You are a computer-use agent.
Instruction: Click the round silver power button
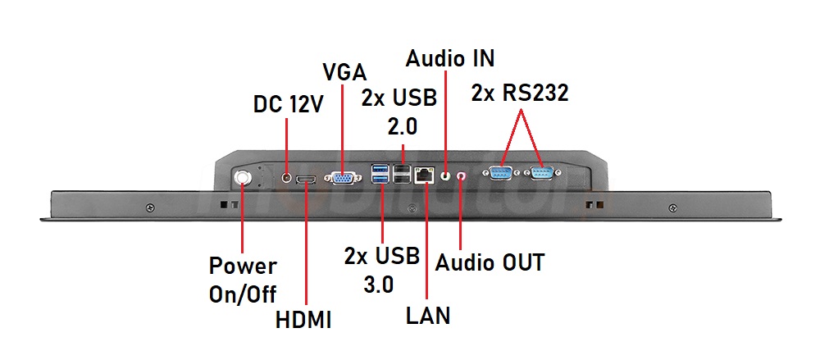(x=244, y=178)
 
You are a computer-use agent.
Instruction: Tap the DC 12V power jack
(x=286, y=175)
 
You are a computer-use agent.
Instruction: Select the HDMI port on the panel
(x=307, y=179)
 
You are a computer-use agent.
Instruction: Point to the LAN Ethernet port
(x=425, y=175)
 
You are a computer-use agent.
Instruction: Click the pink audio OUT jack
(x=461, y=175)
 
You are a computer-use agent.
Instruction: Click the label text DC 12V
(x=288, y=104)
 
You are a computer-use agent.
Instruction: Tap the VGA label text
(x=344, y=72)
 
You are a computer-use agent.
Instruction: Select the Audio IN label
(x=450, y=59)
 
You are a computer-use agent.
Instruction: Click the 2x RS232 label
(x=520, y=93)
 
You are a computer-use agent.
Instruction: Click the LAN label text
(x=428, y=315)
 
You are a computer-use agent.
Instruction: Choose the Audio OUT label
(x=490, y=262)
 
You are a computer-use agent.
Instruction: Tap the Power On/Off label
(x=243, y=280)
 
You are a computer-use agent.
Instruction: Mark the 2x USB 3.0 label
(x=382, y=269)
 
